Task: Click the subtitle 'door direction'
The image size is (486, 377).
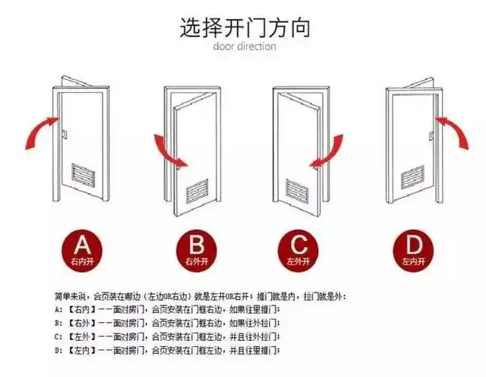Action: (x=244, y=47)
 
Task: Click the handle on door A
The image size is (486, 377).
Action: (x=63, y=135)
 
